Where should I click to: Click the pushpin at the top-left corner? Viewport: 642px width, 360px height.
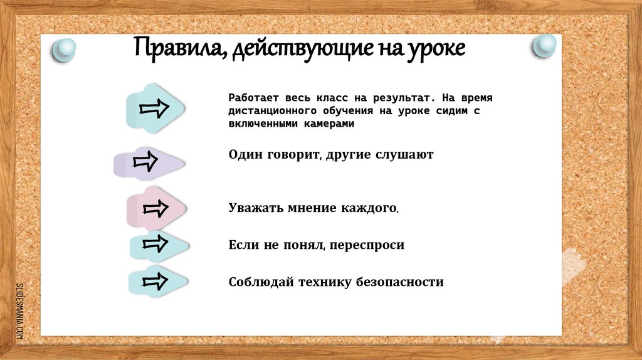click(63, 50)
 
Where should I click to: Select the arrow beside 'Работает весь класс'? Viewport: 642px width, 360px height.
click(155, 108)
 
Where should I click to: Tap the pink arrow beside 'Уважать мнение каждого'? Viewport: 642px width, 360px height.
click(155, 208)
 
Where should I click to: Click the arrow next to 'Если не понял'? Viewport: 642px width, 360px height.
click(157, 243)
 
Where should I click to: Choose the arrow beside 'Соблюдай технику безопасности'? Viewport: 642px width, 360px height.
click(157, 280)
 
